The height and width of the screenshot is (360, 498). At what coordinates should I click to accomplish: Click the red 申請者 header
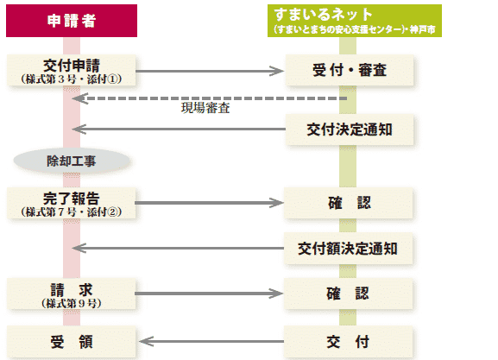coord(72,21)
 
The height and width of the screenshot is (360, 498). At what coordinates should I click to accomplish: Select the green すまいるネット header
coord(355,21)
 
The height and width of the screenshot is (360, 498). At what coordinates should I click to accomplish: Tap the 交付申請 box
coord(72,70)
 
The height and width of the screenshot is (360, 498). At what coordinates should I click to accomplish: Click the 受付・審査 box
coord(350,70)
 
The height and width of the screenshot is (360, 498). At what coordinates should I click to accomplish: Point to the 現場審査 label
coord(205,108)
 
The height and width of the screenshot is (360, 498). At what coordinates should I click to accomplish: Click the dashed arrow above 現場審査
coord(210,98)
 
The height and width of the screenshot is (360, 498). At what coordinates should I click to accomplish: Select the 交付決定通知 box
coord(350,129)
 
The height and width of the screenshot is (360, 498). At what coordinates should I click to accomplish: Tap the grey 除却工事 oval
coord(72,161)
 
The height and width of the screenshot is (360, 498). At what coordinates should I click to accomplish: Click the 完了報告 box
coord(72,203)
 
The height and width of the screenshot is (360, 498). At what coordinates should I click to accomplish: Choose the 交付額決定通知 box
coord(348,249)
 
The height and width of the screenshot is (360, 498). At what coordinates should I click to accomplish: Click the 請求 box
coord(72,294)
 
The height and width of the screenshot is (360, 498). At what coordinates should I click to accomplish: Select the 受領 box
coord(72,342)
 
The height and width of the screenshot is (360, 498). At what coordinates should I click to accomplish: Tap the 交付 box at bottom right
coord(348,342)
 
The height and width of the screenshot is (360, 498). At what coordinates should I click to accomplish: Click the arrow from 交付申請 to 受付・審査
coord(210,71)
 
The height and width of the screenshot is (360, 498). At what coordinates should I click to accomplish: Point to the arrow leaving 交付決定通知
coord(179,129)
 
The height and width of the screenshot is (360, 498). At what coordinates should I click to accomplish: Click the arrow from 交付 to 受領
coord(211,342)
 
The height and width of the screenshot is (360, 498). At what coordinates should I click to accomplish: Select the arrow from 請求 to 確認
coord(209,294)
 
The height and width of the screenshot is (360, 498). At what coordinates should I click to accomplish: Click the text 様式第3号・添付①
coord(72,79)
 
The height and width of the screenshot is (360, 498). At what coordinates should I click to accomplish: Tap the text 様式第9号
coord(72,303)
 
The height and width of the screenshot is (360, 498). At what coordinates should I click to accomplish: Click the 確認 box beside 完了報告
coord(348,203)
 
